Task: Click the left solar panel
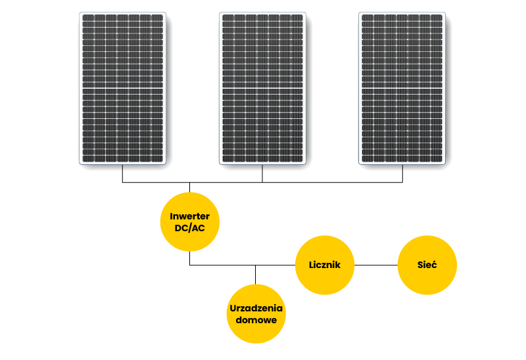[122, 87]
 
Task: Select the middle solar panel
[262, 87]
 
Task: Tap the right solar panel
[402, 87]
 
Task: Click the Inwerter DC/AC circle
[190, 222]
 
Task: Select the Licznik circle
[325, 265]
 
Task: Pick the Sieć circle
[427, 265]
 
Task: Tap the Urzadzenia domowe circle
[256, 313]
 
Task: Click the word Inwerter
[190, 216]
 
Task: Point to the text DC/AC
[190, 228]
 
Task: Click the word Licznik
[325, 265]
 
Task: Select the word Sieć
[427, 265]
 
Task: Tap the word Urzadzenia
[256, 307]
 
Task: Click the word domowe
[256, 319]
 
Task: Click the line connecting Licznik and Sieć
[376, 265]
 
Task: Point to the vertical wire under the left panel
[122, 173]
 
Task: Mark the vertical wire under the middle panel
[262, 173]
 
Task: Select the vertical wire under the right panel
[402, 173]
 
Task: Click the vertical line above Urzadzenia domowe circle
[256, 275]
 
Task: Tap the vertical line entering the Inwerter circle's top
[190, 187]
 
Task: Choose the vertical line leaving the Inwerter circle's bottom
[190, 258]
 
